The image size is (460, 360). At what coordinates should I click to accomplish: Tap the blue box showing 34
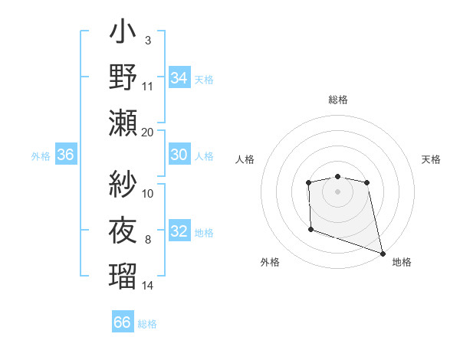(x=179, y=77)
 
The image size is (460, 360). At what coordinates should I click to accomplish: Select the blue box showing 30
(x=179, y=155)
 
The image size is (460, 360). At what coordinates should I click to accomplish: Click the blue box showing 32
(x=179, y=232)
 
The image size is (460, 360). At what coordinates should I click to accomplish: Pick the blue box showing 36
(x=66, y=155)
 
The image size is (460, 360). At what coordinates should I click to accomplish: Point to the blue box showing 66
(x=123, y=322)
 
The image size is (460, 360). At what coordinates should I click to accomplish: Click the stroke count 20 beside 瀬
(x=148, y=132)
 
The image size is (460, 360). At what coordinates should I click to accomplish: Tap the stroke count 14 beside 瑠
(x=148, y=286)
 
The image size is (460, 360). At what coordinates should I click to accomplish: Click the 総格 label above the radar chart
(x=337, y=100)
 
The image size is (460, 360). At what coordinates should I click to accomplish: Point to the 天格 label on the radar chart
(x=432, y=159)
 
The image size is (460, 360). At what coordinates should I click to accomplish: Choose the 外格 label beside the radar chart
(x=270, y=262)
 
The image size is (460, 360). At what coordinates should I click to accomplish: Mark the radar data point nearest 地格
(x=383, y=253)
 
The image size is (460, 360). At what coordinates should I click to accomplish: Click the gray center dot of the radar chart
(x=337, y=191)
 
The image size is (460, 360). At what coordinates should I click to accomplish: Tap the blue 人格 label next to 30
(x=205, y=155)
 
